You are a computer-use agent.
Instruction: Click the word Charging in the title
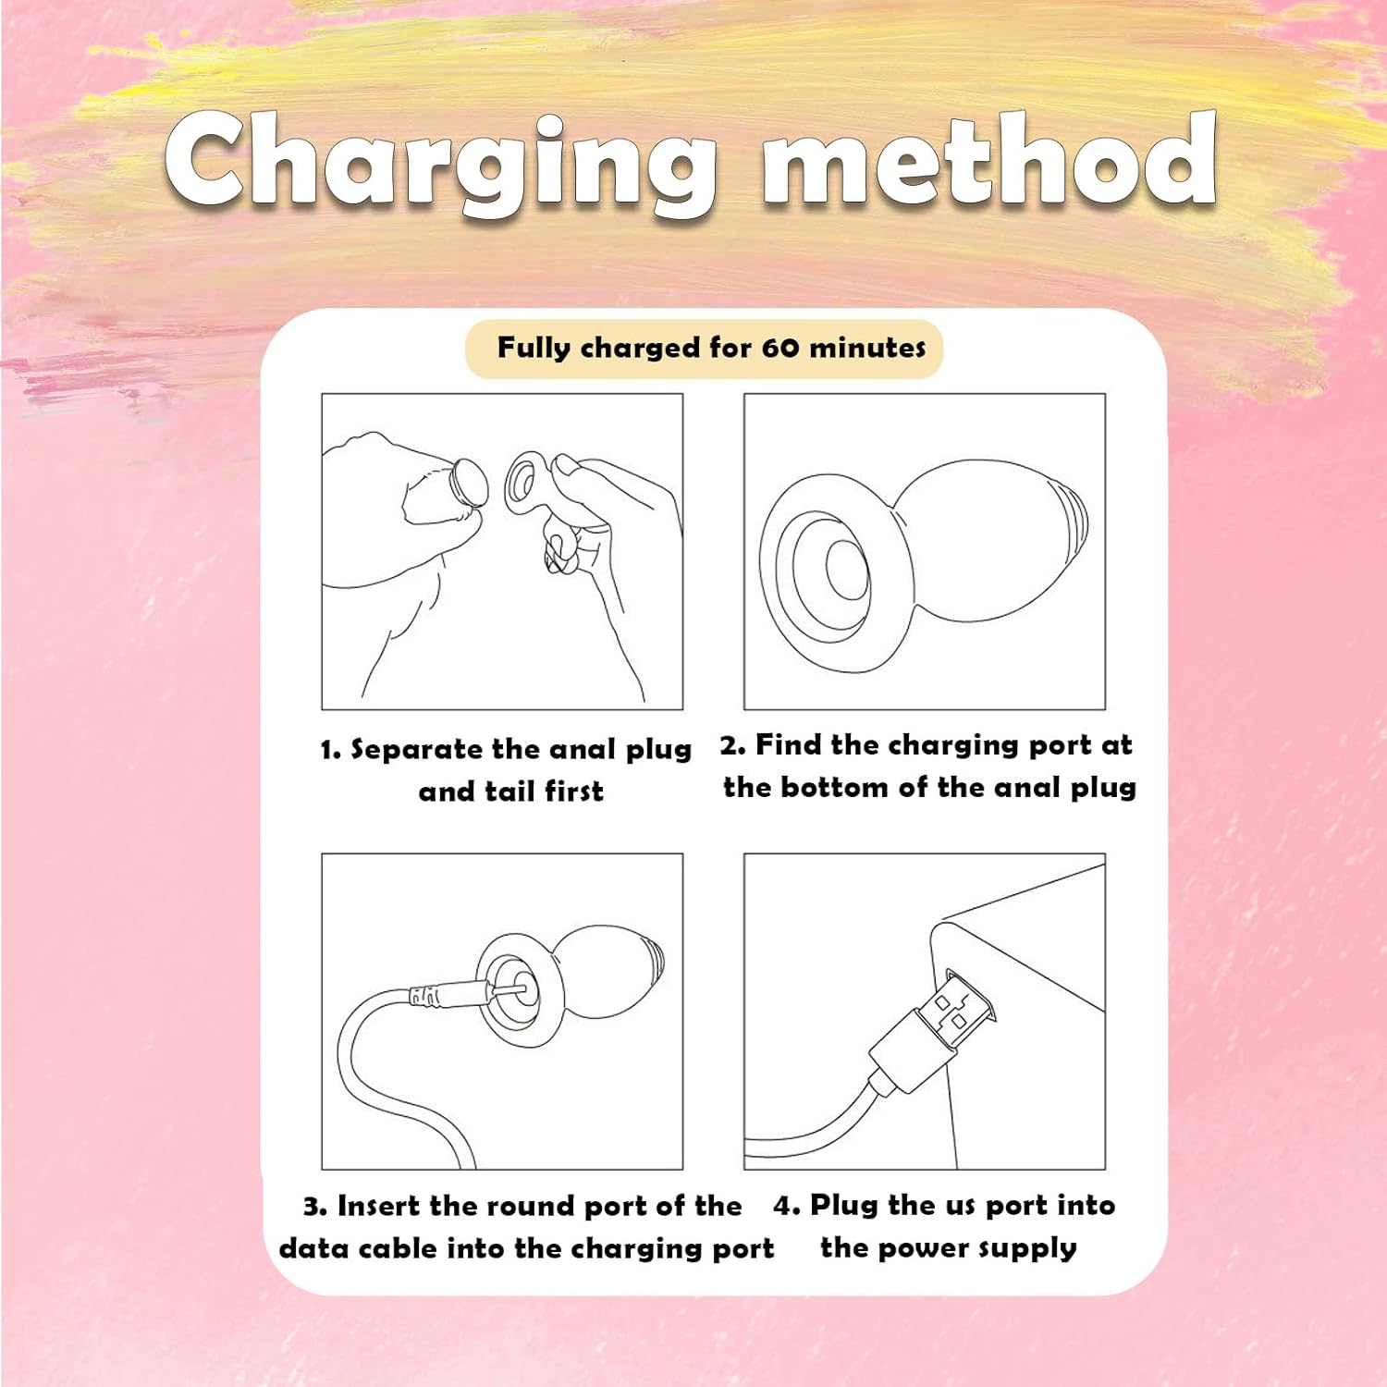(x=442, y=162)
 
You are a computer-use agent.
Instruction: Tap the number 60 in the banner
(x=780, y=348)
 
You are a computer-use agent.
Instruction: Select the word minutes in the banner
(x=867, y=348)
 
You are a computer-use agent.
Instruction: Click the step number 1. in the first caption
(x=331, y=750)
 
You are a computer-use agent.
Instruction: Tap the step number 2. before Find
(x=732, y=745)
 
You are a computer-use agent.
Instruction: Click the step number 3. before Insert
(x=315, y=1207)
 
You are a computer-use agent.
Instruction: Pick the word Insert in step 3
(x=379, y=1206)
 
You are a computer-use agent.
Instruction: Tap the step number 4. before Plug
(x=787, y=1206)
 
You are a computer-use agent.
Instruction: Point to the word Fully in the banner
(x=534, y=349)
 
